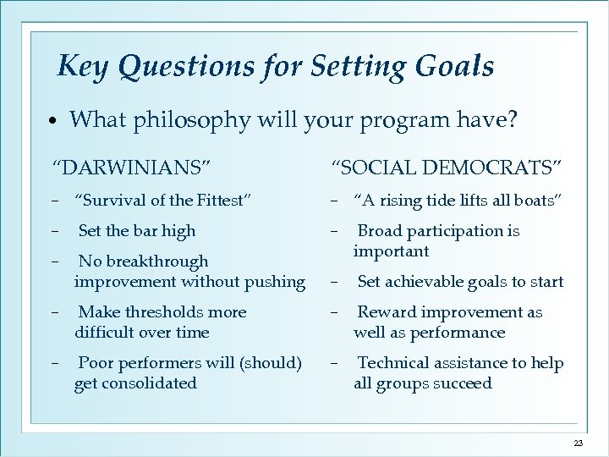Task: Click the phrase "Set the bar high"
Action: click(x=136, y=230)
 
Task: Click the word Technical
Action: click(x=393, y=363)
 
